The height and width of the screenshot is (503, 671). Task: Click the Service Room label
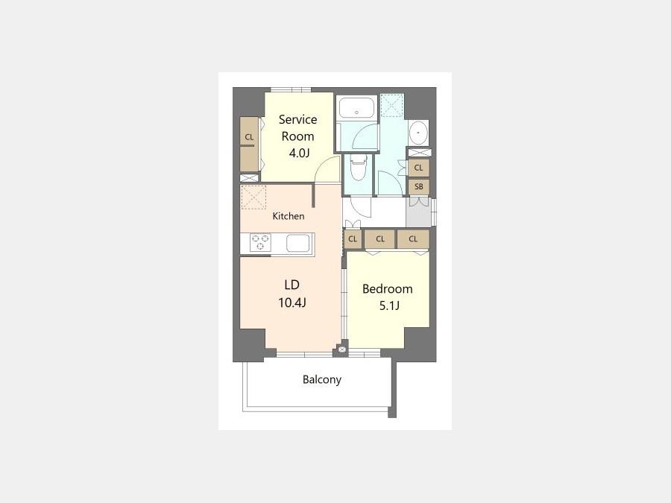(297, 127)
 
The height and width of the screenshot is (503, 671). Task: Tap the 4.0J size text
(299, 153)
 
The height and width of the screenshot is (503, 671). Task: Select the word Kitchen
(289, 216)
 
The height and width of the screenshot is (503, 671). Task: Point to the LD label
(292, 285)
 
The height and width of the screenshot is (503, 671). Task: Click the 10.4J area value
(292, 303)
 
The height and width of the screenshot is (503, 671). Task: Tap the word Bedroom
(387, 288)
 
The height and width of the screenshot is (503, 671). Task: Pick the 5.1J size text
(389, 306)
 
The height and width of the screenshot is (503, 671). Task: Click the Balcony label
(322, 379)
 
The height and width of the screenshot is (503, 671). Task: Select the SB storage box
(418, 186)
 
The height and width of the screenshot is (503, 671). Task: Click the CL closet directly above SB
(418, 168)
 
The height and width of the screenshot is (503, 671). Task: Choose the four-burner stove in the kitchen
(260, 242)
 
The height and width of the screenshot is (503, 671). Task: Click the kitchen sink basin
(297, 243)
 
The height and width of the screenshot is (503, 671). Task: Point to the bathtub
(356, 107)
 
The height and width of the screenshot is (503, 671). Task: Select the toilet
(358, 168)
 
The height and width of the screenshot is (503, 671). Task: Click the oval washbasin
(418, 133)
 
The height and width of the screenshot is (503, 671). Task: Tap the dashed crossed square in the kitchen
(253, 197)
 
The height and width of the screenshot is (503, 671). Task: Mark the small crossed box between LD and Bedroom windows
(341, 349)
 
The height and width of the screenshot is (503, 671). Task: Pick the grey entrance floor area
(419, 212)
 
